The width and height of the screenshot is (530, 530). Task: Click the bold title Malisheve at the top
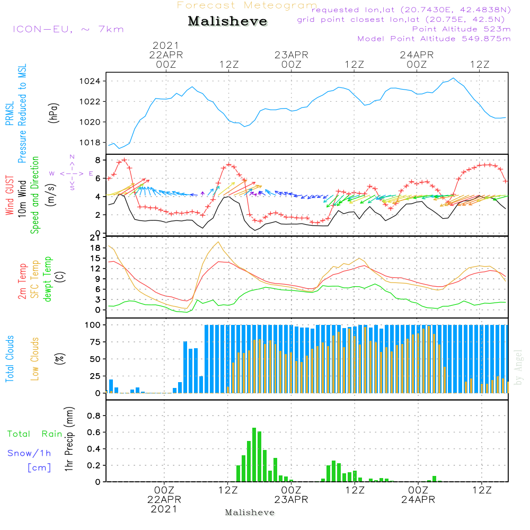(x=228, y=22)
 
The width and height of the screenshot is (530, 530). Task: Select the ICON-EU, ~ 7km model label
(x=68, y=29)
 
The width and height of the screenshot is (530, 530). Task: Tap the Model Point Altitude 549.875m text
(x=434, y=39)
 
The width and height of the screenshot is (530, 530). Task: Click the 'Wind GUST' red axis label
(x=10, y=195)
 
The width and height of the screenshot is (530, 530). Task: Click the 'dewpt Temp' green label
(x=48, y=280)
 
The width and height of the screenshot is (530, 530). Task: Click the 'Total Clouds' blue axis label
(x=10, y=359)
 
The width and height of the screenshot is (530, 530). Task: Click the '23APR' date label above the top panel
(x=291, y=55)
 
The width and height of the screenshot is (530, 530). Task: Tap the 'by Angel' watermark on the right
(x=518, y=367)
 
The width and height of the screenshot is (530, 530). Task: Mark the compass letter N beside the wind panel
(x=72, y=157)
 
